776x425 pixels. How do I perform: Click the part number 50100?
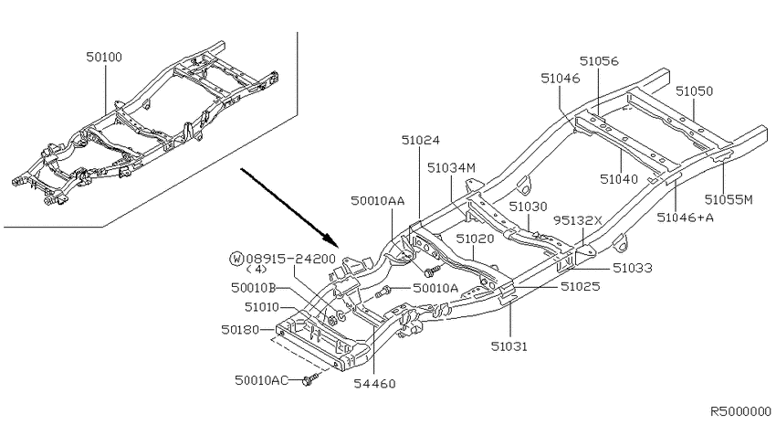click(104, 57)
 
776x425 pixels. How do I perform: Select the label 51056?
click(599, 61)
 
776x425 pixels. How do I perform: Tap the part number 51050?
click(695, 91)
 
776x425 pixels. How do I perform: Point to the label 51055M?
click(729, 199)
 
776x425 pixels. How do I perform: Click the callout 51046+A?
click(686, 218)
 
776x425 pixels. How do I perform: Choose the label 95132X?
click(578, 220)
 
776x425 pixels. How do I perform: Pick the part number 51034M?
click(451, 168)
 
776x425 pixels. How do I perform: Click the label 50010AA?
click(378, 200)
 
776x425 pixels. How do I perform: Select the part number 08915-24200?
click(290, 259)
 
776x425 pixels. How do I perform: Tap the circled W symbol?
click(237, 259)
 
